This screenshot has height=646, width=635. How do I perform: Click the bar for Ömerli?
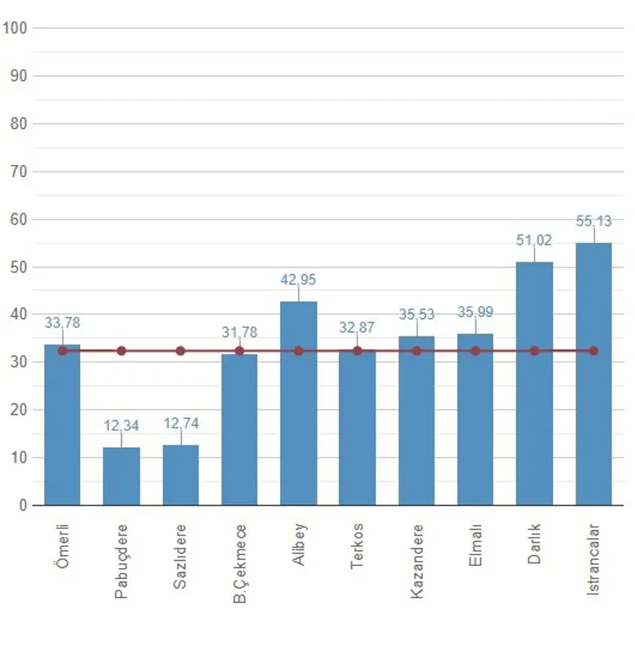coord(62,426)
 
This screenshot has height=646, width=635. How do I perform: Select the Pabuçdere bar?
coord(121,476)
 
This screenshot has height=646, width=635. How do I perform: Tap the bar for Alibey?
coord(298,404)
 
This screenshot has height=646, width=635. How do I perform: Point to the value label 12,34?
coord(121,427)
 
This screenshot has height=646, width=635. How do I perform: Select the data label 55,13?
coord(593,222)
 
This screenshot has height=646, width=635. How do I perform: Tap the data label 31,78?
coord(240,333)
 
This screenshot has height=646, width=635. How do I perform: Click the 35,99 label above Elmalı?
coord(476,313)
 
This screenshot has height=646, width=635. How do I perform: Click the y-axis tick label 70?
coord(19,172)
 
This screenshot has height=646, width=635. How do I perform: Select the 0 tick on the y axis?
coord(23,505)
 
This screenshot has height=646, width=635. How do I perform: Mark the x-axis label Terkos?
coord(357,546)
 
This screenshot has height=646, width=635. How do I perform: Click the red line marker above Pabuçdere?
coord(121,351)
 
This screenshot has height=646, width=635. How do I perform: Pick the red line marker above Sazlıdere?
coord(180,351)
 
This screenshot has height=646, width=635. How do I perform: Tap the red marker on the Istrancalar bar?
coord(593,351)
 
